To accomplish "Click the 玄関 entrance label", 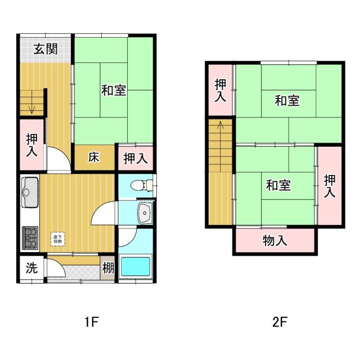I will pyautogui.click(x=45, y=49).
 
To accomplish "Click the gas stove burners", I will pyautogui.click(x=30, y=237).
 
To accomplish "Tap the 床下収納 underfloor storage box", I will pyautogui.click(x=58, y=238).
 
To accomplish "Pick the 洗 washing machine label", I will pyautogui.click(x=32, y=268).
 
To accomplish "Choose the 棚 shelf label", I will pyautogui.click(x=108, y=269).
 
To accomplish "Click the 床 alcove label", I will pyautogui.click(x=93, y=157).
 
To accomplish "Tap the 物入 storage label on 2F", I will pyautogui.click(x=275, y=241).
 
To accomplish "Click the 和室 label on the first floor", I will pyautogui.click(x=114, y=90).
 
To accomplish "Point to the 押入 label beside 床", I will pyautogui.click(x=135, y=158).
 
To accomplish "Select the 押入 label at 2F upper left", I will pyautogui.click(x=221, y=90).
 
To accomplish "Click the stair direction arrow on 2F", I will pyautogui.click(x=220, y=127).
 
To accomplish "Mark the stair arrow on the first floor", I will pyautogui.click(x=33, y=107).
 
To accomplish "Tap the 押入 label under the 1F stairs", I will pyautogui.click(x=32, y=145).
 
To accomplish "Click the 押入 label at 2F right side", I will pyautogui.click(x=329, y=186).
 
